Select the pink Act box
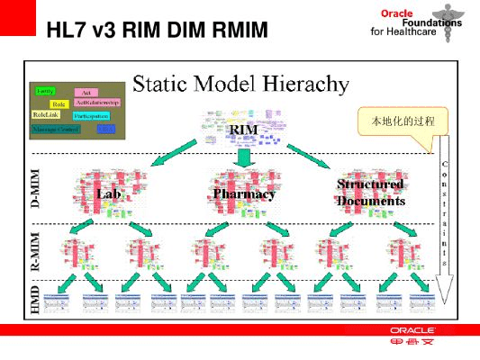click(x=86, y=92)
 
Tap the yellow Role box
click(x=59, y=104)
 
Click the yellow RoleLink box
click(x=47, y=116)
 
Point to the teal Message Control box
click(x=56, y=130)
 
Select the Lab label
click(x=110, y=193)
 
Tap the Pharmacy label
click(x=244, y=193)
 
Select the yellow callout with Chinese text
click(x=401, y=119)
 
